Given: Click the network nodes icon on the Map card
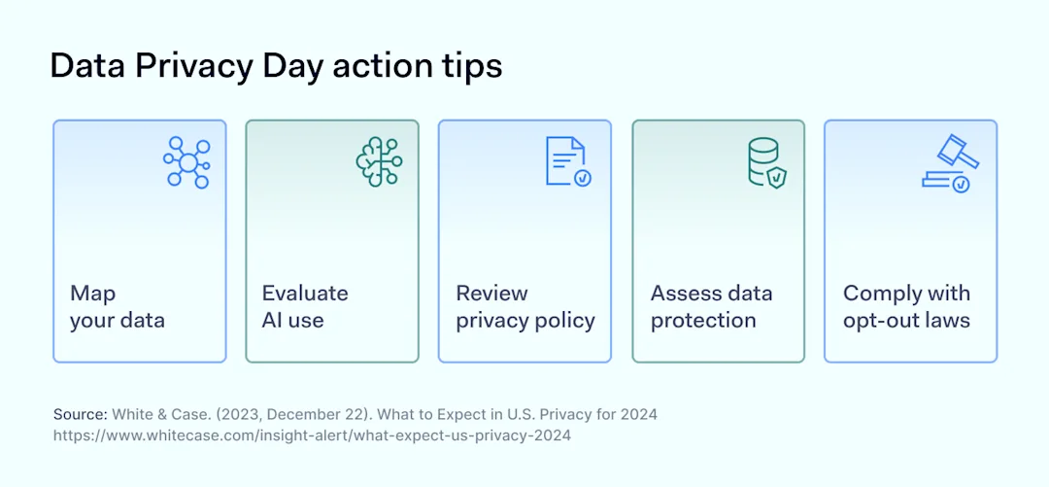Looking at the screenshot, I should (x=186, y=162).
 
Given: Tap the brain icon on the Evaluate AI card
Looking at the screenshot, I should (x=379, y=162).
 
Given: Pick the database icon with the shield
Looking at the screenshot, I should (x=764, y=161).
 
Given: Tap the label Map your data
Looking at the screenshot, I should (x=117, y=306).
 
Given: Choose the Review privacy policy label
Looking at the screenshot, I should (x=524, y=306).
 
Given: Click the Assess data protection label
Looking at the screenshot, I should (x=711, y=306).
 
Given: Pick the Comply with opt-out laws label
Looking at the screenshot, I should (x=906, y=306).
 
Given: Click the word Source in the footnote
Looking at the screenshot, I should (x=80, y=414).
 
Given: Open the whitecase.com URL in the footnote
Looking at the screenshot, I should (x=312, y=435).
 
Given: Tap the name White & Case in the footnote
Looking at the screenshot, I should (x=152, y=414).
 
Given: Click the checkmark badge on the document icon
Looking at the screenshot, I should (x=583, y=178).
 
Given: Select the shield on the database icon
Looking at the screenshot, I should (x=777, y=178).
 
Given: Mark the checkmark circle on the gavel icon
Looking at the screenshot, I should (x=961, y=183).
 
